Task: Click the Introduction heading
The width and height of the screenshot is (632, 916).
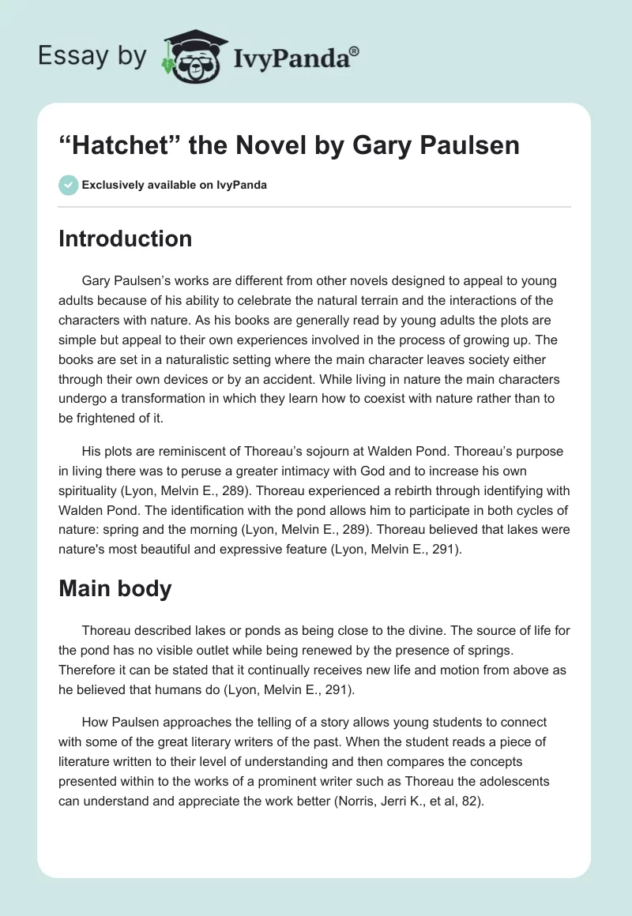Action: click(x=125, y=238)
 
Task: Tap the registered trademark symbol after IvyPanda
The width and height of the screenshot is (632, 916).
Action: click(x=355, y=50)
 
